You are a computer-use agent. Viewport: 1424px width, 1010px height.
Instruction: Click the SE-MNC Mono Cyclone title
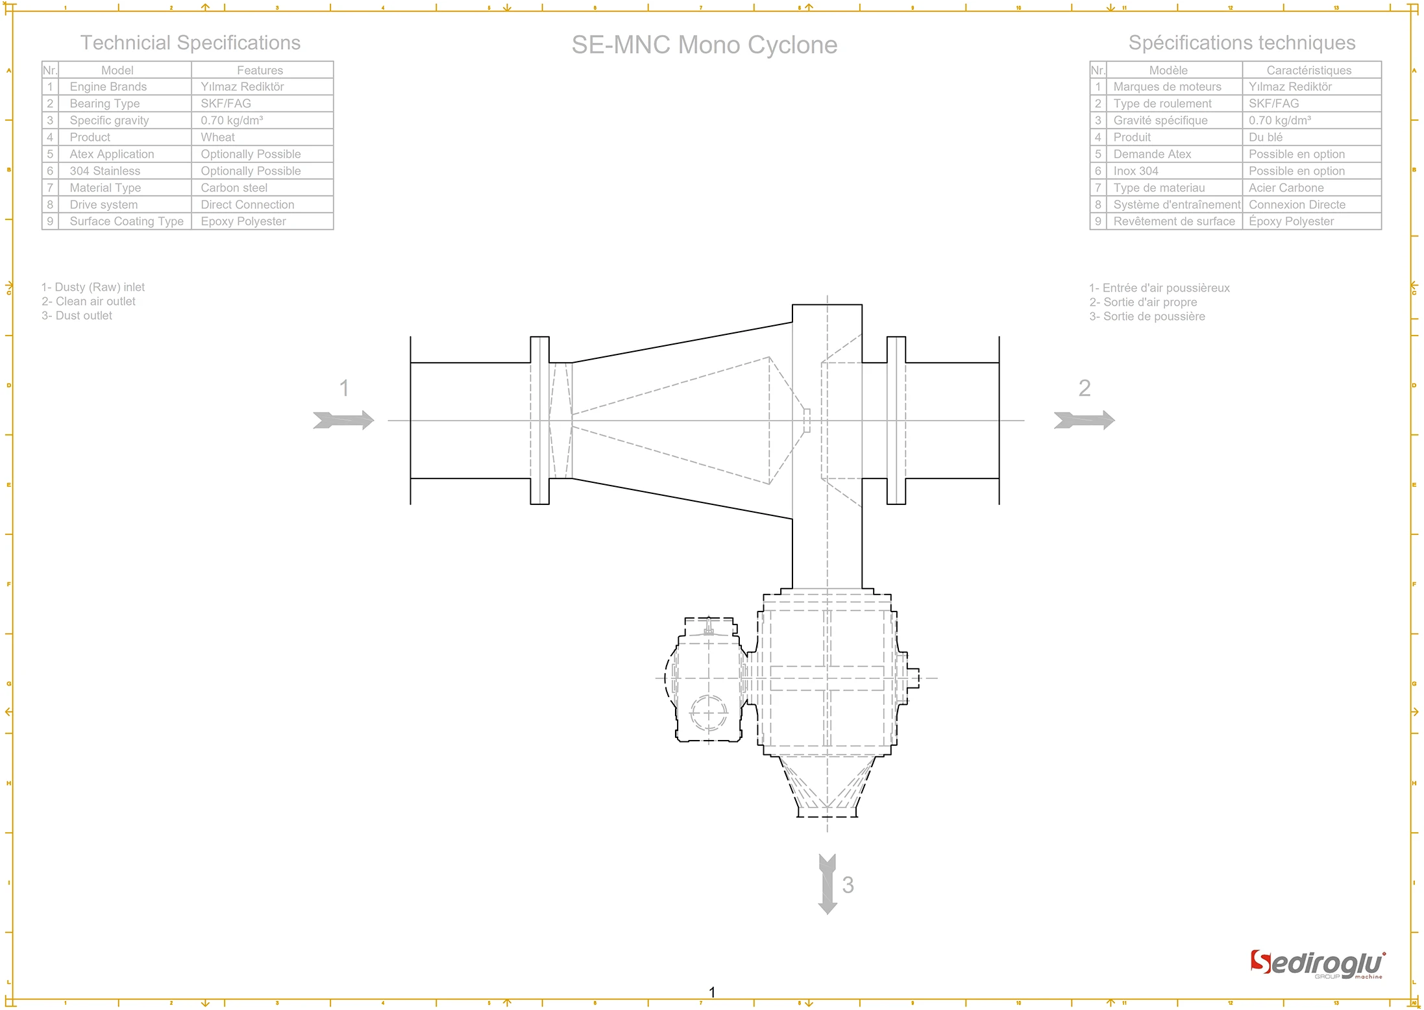click(x=704, y=45)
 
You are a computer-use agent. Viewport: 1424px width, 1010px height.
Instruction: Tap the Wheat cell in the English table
click(x=217, y=137)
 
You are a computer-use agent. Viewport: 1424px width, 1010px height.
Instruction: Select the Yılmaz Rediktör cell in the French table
click(x=1290, y=86)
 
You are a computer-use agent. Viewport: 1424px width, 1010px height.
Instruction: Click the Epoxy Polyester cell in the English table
click(x=243, y=221)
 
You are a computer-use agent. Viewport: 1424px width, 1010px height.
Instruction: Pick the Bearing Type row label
click(x=104, y=103)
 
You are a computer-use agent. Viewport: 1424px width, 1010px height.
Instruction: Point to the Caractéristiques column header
click(x=1308, y=70)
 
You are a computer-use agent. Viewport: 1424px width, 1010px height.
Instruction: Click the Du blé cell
click(x=1265, y=137)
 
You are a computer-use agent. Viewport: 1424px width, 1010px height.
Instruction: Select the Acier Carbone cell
click(x=1286, y=188)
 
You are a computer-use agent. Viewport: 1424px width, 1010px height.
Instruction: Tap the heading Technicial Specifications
click(x=190, y=43)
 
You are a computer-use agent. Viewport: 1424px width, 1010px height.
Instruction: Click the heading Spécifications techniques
click(x=1242, y=43)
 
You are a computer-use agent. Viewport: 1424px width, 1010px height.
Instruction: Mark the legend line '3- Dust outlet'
click(x=77, y=315)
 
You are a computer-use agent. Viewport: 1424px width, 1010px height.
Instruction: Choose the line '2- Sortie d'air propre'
click(x=1143, y=302)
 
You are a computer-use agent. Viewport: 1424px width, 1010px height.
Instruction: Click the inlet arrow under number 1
click(x=343, y=420)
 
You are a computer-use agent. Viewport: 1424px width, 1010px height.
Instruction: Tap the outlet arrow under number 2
click(x=1084, y=420)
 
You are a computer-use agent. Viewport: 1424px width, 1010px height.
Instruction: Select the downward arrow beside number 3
click(x=827, y=884)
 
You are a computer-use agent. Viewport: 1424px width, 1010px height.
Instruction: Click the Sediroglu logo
click(x=1318, y=964)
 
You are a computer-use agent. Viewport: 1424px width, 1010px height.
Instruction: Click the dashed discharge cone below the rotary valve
click(x=827, y=787)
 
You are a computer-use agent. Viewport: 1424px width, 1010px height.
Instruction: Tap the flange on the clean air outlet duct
click(x=896, y=420)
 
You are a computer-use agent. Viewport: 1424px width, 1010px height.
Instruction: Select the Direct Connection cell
click(x=247, y=204)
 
